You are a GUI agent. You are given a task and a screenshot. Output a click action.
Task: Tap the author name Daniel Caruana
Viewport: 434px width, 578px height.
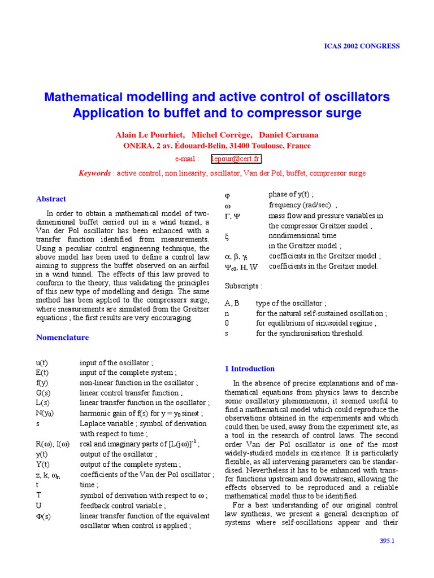click(x=288, y=135)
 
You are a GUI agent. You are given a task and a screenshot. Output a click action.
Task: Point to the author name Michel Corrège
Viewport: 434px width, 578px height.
click(x=222, y=135)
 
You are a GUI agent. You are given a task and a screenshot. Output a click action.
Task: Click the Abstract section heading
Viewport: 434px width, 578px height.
click(x=51, y=199)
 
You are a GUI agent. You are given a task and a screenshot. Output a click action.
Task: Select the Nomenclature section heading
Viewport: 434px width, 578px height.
click(x=62, y=338)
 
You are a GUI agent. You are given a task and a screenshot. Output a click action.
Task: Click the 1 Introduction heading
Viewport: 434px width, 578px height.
click(x=250, y=369)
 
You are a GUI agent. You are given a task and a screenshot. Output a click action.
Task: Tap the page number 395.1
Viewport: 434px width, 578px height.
click(x=388, y=541)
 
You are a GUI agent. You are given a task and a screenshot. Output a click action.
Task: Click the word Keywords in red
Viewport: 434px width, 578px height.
click(x=94, y=173)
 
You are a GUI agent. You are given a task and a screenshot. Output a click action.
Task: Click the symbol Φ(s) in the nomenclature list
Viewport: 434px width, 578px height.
click(x=44, y=516)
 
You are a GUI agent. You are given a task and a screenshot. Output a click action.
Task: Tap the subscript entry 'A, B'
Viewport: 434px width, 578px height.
click(x=232, y=303)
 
